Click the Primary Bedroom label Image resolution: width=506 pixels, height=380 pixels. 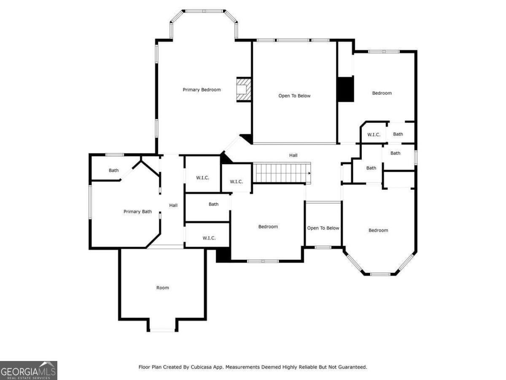(x=202, y=90)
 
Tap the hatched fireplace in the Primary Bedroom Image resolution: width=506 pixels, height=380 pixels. (x=243, y=90)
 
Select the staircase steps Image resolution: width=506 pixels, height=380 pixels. (x=281, y=173)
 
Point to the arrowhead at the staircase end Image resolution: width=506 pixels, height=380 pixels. (x=310, y=173)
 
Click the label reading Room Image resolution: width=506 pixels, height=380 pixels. (x=163, y=288)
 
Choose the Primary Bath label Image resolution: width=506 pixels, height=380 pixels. (x=137, y=212)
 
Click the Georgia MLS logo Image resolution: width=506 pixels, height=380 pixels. (x=28, y=370)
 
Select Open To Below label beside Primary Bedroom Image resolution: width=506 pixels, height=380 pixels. (x=294, y=96)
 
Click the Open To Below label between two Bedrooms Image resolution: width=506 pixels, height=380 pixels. (x=323, y=228)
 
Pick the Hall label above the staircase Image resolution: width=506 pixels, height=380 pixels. (x=293, y=155)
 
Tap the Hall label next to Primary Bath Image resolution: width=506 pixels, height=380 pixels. (x=173, y=205)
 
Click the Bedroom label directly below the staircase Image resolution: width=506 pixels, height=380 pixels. (x=268, y=227)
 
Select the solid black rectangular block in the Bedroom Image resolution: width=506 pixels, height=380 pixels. (x=345, y=89)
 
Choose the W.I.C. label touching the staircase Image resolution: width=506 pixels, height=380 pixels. (x=236, y=182)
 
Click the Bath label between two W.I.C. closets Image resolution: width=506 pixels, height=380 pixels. (x=213, y=204)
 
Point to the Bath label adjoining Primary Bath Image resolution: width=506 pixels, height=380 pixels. (x=114, y=171)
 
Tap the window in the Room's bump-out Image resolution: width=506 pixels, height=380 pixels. (x=162, y=330)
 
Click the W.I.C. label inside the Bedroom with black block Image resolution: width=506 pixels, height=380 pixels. (x=374, y=135)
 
